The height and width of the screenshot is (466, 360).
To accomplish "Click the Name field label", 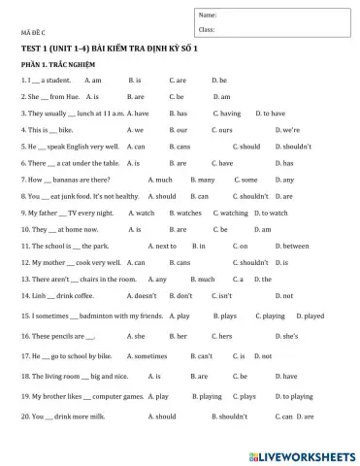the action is click(208, 16).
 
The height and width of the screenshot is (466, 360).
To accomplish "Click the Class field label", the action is click(207, 30).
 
